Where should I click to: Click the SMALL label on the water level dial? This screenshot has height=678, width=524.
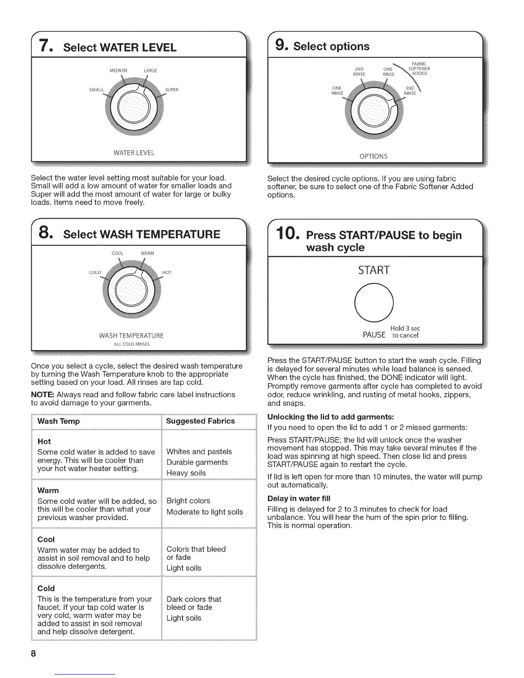tap(96, 90)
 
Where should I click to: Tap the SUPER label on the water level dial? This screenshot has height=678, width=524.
tap(172, 90)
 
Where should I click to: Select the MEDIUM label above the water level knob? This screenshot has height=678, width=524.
tap(118, 71)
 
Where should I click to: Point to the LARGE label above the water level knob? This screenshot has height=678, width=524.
tap(150, 71)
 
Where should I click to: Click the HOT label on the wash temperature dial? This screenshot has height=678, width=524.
tap(167, 272)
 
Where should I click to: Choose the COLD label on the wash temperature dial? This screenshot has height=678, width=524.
tap(95, 272)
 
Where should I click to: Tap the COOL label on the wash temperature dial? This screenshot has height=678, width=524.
tap(118, 253)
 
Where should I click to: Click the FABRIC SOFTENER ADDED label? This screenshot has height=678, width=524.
tap(419, 68)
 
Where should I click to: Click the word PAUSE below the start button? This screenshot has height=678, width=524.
tap(374, 335)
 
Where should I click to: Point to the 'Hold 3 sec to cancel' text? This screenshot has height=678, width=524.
tap(405, 332)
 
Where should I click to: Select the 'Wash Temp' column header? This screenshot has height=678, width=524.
tap(59, 421)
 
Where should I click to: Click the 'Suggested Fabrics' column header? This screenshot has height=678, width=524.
tap(200, 421)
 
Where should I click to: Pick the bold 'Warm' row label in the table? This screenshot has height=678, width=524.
tap(48, 491)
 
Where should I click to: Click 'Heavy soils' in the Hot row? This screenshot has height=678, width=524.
tap(186, 473)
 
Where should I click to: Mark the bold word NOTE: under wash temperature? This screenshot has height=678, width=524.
tap(43, 395)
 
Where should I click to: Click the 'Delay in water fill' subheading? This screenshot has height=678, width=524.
tap(299, 499)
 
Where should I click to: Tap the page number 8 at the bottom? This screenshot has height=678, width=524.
tap(33, 654)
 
